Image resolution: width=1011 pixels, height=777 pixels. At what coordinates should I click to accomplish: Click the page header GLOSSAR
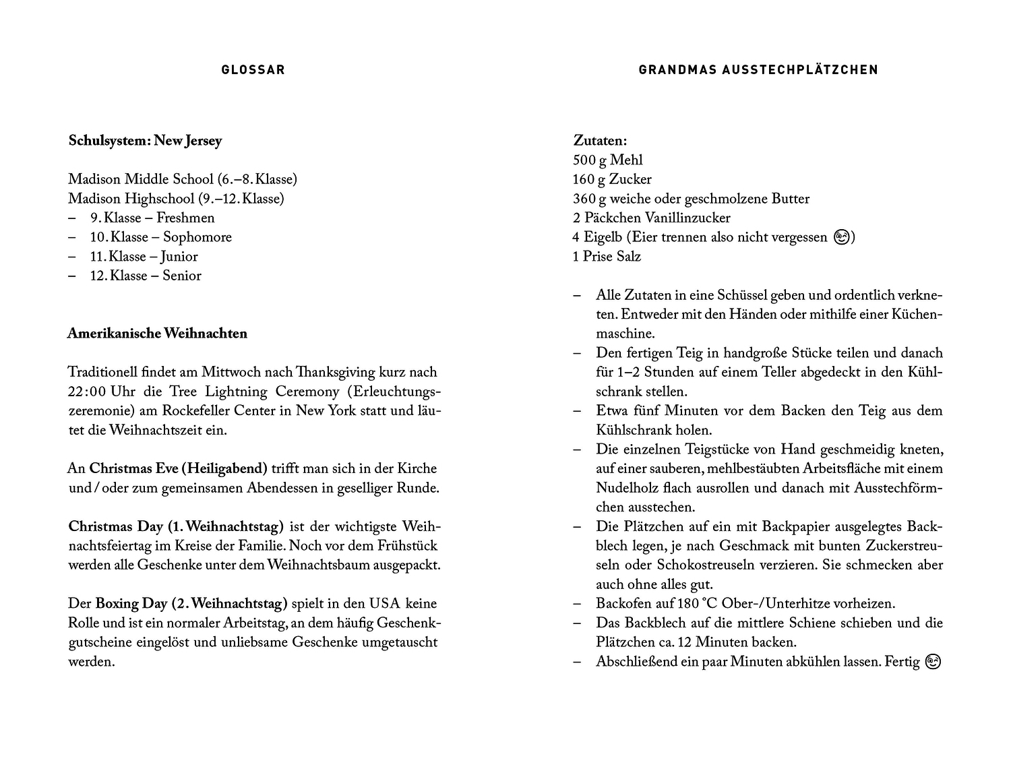point(253,69)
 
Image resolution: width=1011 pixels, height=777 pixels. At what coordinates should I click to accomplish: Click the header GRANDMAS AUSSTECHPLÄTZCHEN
point(758,69)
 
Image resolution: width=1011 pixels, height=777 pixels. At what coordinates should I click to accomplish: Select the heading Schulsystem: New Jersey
point(145,141)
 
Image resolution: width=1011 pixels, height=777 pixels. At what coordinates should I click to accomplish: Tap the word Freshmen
point(185,218)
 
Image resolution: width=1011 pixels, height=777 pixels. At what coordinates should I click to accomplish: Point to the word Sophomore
point(197,237)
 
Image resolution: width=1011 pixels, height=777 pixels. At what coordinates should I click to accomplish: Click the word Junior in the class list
point(179,257)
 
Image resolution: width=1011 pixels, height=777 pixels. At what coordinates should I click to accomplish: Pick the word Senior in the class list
point(181,276)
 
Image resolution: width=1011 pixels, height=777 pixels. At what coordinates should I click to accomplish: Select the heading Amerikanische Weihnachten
point(157,334)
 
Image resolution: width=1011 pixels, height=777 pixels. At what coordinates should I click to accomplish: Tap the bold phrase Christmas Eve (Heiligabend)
point(178,468)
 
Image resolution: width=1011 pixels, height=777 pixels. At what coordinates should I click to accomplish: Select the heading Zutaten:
point(600,141)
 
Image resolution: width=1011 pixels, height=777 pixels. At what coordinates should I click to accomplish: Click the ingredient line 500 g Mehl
point(607,160)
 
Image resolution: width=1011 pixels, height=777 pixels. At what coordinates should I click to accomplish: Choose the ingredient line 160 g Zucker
point(612,179)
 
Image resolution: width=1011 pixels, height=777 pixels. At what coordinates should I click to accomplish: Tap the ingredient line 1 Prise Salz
point(607,257)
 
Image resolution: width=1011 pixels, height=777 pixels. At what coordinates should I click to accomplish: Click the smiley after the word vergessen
point(841,237)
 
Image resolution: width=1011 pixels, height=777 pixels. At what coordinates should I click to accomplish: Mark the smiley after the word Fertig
point(933,662)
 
